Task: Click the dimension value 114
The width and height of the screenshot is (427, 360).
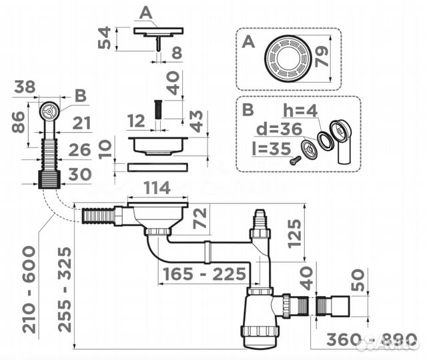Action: (x=157, y=189)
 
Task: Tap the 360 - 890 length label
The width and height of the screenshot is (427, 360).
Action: (x=368, y=340)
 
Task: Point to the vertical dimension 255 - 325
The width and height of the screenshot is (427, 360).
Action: (x=65, y=289)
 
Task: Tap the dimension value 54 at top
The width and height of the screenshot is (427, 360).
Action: (x=105, y=39)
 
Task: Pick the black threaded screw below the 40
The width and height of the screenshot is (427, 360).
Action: (x=159, y=109)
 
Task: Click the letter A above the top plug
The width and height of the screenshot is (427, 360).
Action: (x=146, y=12)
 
